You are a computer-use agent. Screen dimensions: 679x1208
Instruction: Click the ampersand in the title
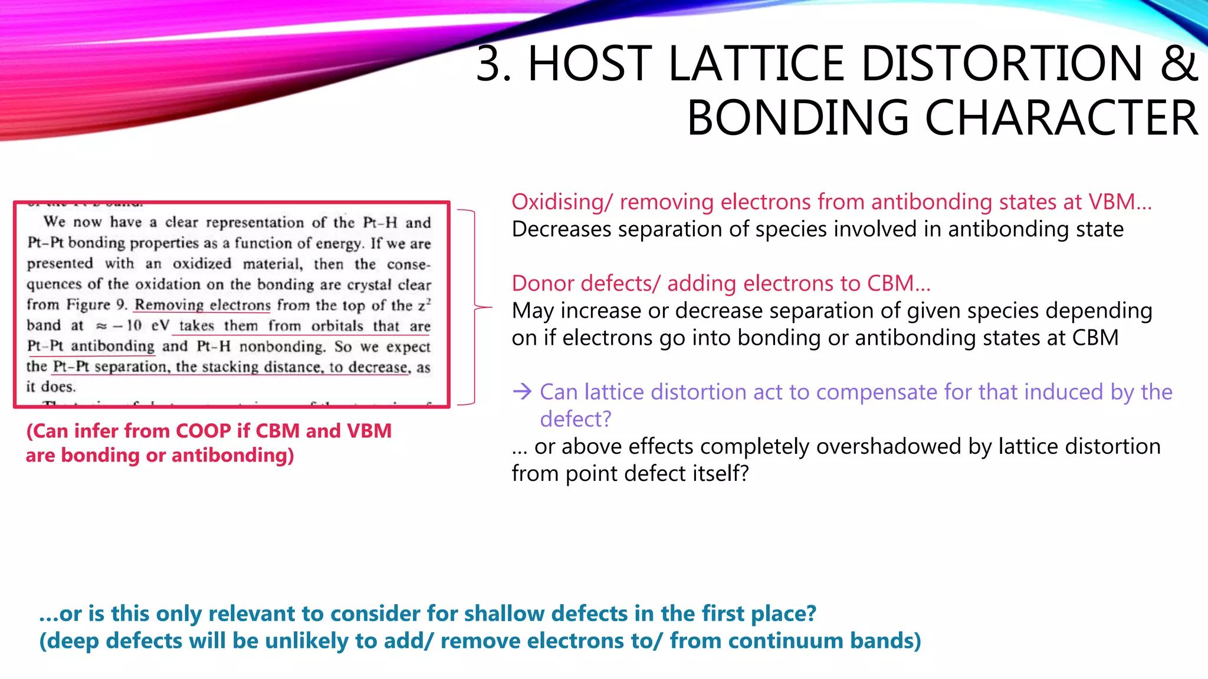click(x=1178, y=64)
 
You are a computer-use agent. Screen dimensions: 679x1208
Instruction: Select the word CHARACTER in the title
click(x=1061, y=118)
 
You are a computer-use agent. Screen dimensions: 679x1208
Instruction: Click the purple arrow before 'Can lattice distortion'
click(x=523, y=391)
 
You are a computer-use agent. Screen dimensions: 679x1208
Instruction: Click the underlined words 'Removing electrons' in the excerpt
click(x=202, y=305)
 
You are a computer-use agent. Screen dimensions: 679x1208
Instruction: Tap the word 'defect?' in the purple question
click(x=576, y=419)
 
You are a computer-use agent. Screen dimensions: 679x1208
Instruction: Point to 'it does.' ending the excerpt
click(x=51, y=387)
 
